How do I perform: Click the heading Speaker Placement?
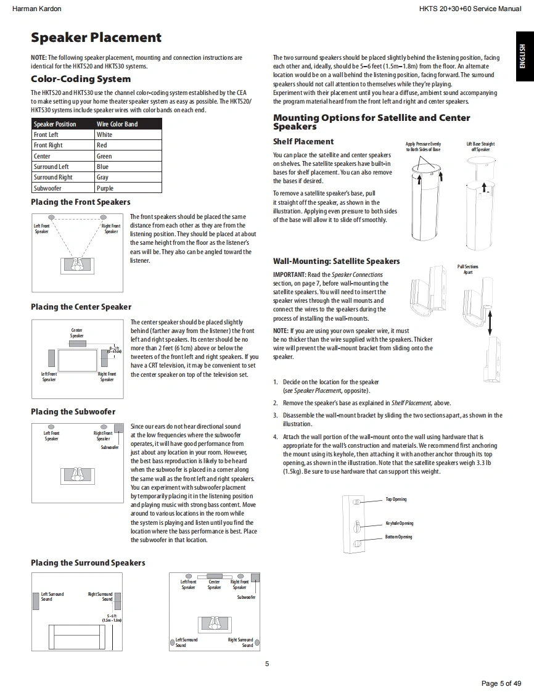coord(96,38)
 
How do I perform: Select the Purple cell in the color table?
coord(105,188)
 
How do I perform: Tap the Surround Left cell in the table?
coord(51,167)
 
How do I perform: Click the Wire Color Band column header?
coord(117,124)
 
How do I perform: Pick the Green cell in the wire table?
coord(105,156)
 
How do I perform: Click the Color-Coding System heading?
coord(81,79)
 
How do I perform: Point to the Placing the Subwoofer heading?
coord(73,411)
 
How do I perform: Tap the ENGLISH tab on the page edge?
coord(523,56)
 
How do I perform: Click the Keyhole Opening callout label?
coord(400,523)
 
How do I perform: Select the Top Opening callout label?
coord(396,499)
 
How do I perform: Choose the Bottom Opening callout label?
coord(399,537)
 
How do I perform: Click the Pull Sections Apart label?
coord(468,270)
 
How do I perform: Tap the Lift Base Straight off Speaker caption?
coord(480,147)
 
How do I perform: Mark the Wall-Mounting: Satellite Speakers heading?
coord(336,261)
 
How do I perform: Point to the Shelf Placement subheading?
coord(303,141)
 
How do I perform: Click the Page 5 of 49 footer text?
coord(501,683)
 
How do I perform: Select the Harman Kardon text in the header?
coord(37,9)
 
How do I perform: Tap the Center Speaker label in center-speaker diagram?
coord(76,333)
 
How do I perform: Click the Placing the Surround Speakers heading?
coord(88,562)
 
